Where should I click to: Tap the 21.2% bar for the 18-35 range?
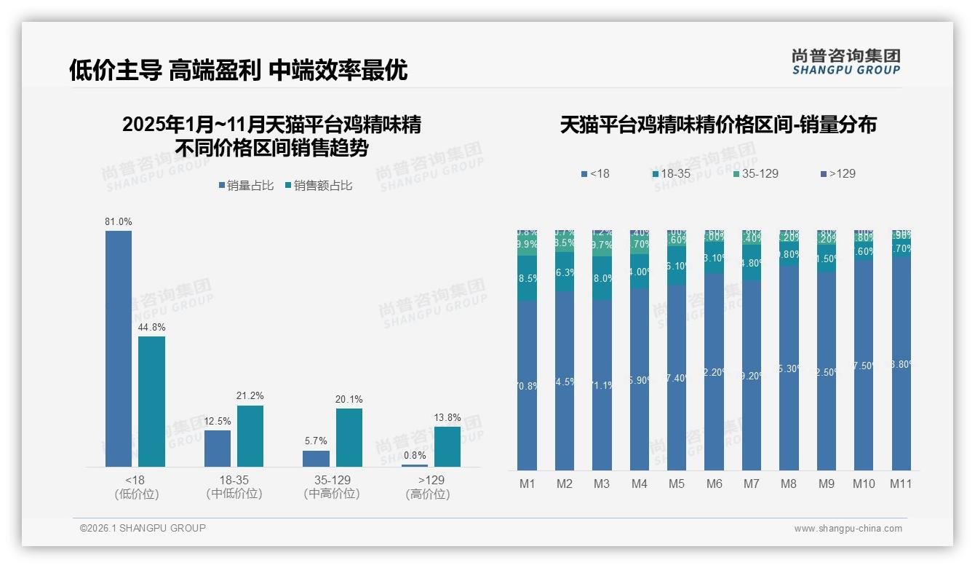coord(250,435)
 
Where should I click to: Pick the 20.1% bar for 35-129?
coord(349,437)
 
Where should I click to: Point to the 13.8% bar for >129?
coord(447,446)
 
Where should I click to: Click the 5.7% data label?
coord(316,441)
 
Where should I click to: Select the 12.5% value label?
coord(218,421)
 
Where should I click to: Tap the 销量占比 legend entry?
coord(245,186)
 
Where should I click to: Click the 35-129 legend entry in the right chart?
coord(755,174)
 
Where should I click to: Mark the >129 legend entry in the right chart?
coord(837,174)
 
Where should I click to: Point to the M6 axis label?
coord(714,484)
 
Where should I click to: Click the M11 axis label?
coord(901,484)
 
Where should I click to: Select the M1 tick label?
coord(528,484)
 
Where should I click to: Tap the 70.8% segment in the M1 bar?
coord(528,385)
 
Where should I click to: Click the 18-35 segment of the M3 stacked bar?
coord(602,278)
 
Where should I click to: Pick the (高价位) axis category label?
coord(427,494)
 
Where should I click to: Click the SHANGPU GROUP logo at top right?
coord(845,62)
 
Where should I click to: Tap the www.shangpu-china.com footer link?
coord(848,529)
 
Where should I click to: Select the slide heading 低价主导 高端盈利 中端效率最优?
coord(238,70)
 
